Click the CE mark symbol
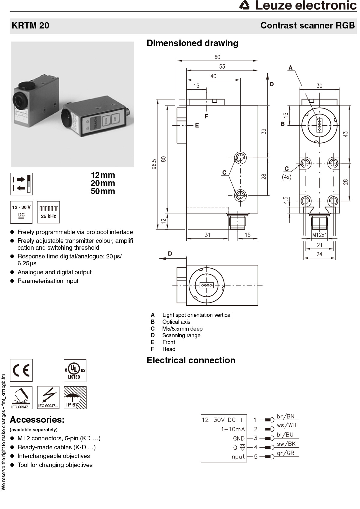(21, 371)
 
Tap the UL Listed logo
(75, 371)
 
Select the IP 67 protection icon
(75, 398)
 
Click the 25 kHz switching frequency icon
(48, 212)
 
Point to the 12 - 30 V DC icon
(21, 212)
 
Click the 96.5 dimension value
(154, 164)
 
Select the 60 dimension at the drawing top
(217, 57)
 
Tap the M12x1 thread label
(319, 235)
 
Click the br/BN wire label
(285, 416)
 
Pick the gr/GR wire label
(285, 453)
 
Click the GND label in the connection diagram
(239, 438)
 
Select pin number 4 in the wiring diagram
(256, 447)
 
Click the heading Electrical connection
(191, 360)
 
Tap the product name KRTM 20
(30, 25)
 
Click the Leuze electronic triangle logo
(245, 5)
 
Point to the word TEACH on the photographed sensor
(95, 123)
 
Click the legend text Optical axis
(176, 322)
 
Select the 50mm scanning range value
(103, 191)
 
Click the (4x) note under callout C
(286, 177)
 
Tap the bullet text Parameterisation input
(48, 281)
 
